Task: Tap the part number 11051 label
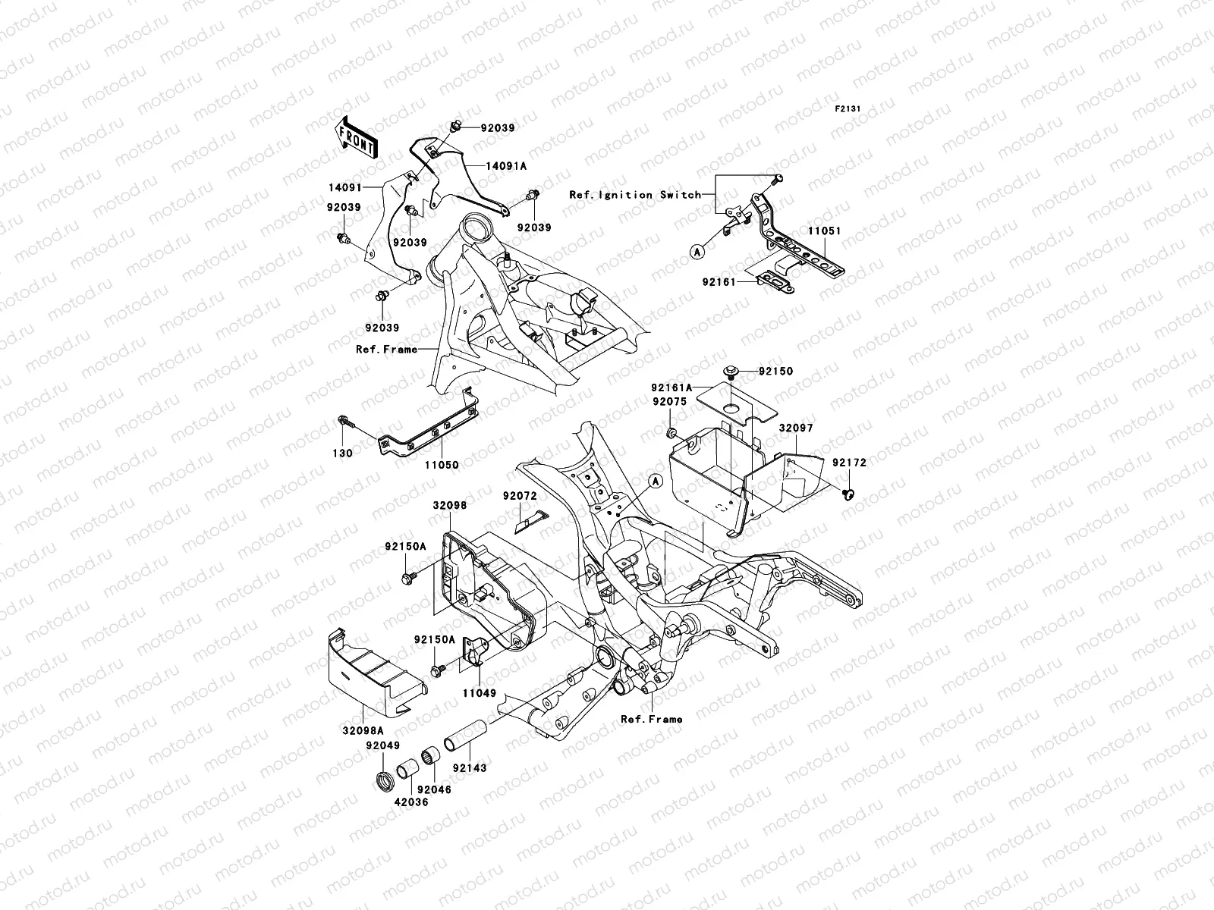point(824,231)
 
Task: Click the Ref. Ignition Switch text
point(635,195)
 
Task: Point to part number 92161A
point(670,387)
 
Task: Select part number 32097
point(795,428)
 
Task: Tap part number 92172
point(848,463)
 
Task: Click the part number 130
point(344,453)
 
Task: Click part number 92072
point(520,496)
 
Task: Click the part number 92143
point(470,768)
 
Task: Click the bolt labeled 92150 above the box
point(731,371)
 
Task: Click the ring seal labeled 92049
point(382,779)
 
